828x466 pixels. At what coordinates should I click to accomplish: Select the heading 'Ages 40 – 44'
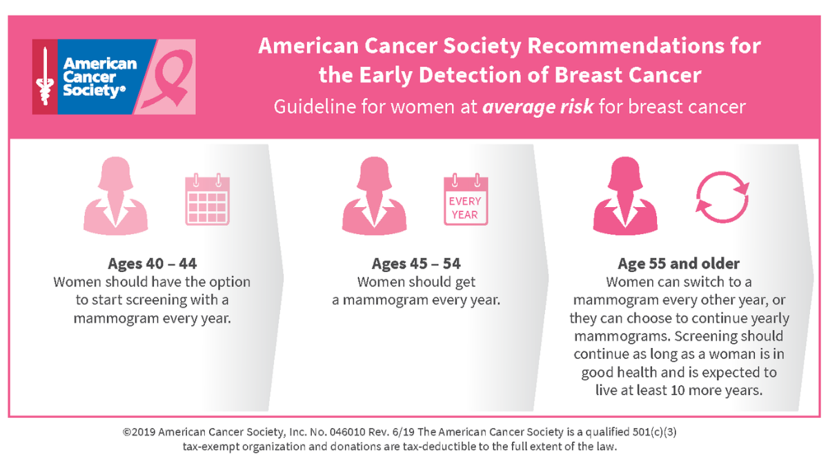(152, 264)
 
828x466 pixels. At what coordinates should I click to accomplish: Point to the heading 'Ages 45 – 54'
(416, 264)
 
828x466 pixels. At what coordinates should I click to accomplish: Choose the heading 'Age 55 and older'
(679, 264)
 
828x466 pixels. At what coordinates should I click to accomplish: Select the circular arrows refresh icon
(722, 195)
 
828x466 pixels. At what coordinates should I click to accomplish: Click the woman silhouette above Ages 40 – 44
(115, 196)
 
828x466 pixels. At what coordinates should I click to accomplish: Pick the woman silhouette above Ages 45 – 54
(374, 196)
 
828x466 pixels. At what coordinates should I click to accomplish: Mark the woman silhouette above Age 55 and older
(625, 196)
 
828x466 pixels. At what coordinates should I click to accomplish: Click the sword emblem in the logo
(45, 76)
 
